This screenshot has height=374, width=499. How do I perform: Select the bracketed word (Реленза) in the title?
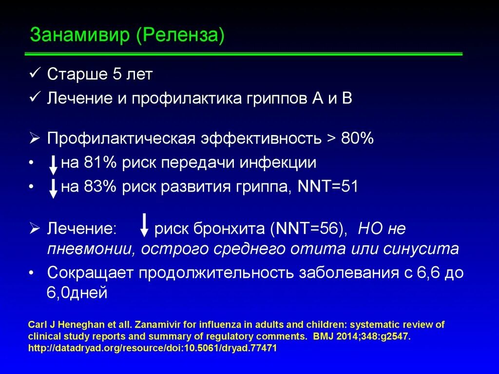point(180,36)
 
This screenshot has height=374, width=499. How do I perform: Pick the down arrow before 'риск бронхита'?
point(144,225)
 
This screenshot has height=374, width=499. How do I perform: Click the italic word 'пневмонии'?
point(91,249)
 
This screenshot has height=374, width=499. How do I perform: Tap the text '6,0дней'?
point(77,293)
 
